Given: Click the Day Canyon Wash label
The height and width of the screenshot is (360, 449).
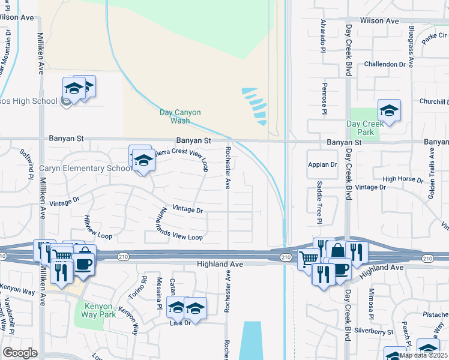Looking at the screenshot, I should [180, 116].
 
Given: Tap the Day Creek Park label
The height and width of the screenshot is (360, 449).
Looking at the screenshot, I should [364, 128].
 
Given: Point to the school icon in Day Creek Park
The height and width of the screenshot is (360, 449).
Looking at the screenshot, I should [389, 111].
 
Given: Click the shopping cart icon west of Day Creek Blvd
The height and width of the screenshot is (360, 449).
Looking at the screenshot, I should [308, 259].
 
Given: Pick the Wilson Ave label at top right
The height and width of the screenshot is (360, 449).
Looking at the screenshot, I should [379, 20].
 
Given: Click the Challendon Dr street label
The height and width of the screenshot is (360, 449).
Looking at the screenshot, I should [385, 64].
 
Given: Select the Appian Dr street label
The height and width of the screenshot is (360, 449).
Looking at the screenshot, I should [322, 164].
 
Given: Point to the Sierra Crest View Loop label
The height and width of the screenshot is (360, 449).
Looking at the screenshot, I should [182, 157].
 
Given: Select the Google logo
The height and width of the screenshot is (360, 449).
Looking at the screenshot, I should [20, 353].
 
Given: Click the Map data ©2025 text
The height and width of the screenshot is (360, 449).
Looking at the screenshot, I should [423, 355].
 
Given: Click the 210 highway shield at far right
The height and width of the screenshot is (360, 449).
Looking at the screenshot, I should [427, 258].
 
